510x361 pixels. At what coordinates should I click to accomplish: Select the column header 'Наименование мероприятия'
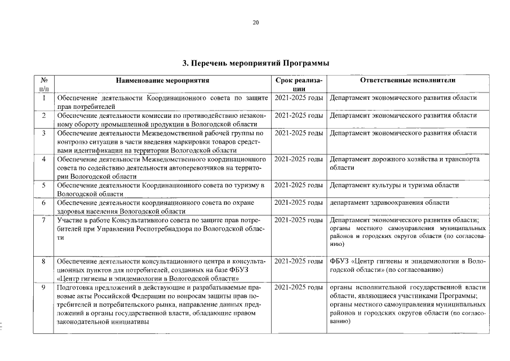click(x=163, y=81)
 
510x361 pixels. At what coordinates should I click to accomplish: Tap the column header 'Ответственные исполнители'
click(x=407, y=81)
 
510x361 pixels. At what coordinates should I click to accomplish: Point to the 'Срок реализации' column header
click(x=299, y=85)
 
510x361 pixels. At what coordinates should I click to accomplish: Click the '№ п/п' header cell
click(x=44, y=85)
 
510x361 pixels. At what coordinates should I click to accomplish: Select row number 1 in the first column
click(x=44, y=98)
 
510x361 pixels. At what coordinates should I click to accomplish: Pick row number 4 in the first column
click(x=44, y=159)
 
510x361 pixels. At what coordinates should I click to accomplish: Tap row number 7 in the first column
click(x=44, y=219)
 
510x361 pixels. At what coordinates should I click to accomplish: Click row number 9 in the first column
click(x=44, y=288)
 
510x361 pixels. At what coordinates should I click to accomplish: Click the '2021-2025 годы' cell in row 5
click(x=299, y=185)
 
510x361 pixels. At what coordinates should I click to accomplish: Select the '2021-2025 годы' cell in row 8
click(x=299, y=262)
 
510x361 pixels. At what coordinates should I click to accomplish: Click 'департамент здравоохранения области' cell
click(x=389, y=202)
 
